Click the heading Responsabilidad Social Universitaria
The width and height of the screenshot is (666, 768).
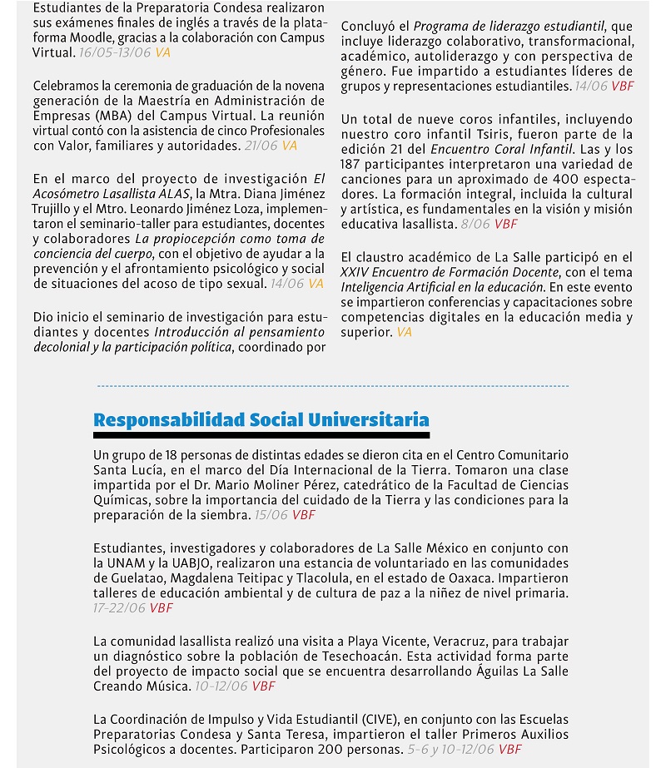[261, 419]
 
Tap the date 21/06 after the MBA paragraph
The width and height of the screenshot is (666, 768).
[261, 146]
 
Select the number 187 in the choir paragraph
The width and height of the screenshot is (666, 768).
[354, 164]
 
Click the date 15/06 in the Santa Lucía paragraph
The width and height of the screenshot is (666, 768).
[271, 515]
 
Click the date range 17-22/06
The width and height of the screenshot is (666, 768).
[119, 607]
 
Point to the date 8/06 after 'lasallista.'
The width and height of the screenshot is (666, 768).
[475, 224]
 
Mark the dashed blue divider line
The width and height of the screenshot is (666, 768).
[333, 386]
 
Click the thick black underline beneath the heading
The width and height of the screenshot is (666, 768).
[261, 435]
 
